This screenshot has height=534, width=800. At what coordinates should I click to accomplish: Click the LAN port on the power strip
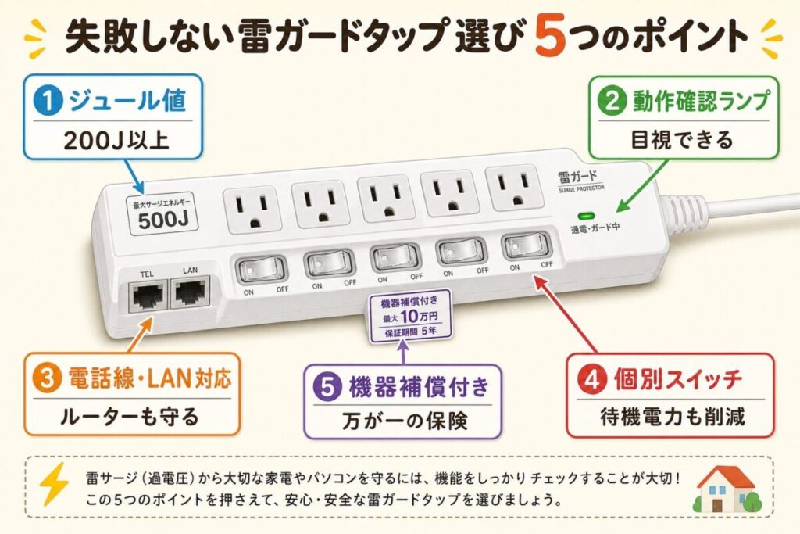point(191,292)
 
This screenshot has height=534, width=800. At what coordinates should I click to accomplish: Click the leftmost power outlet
point(252,210)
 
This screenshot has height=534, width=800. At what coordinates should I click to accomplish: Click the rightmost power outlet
point(512,188)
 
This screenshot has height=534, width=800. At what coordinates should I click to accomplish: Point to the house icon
point(727,489)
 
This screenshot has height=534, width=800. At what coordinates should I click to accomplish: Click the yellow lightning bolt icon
point(54,483)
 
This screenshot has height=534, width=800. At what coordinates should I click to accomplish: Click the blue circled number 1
point(48,100)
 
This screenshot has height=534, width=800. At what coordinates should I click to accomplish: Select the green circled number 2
point(612,101)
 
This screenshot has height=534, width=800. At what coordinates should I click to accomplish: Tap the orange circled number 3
point(46,378)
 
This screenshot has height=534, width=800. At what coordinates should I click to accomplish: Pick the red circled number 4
point(592,379)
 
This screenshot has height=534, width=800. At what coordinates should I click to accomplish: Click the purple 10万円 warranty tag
point(410,316)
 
